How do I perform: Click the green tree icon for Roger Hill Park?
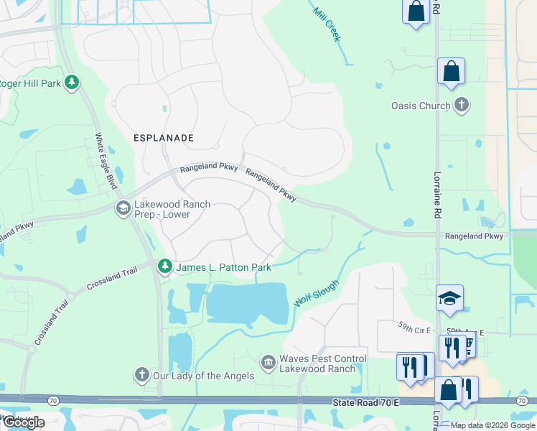click(x=71, y=83)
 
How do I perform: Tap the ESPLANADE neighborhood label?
click(x=164, y=136)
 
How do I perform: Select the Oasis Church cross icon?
click(x=461, y=106)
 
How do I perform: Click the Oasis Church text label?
click(x=420, y=106)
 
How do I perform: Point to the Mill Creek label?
click(x=327, y=24)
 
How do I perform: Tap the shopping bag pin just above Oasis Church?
click(x=451, y=72)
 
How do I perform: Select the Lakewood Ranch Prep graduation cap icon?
click(x=123, y=208)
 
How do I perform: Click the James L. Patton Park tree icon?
click(x=165, y=267)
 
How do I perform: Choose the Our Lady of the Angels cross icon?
click(x=142, y=375)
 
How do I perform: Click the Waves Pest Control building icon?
click(x=268, y=361)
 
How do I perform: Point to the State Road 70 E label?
click(x=365, y=403)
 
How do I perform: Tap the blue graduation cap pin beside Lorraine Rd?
click(x=449, y=299)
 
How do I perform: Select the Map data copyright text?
click(x=492, y=425)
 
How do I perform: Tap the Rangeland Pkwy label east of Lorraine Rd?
click(x=474, y=236)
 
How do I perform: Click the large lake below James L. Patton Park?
click(x=248, y=303)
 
